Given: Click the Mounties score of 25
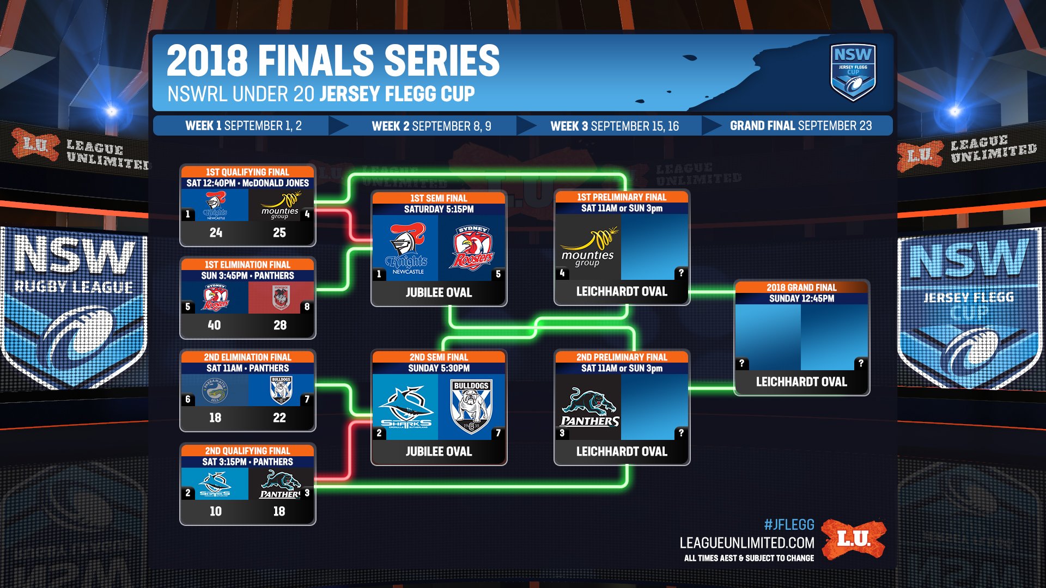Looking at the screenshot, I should point(279,232).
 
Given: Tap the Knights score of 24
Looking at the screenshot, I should point(216,232).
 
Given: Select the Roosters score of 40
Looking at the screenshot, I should point(214,325).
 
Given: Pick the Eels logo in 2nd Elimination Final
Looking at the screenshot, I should point(215,390).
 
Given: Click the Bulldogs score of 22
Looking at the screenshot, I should point(279,418).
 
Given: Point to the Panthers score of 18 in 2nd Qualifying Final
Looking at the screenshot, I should point(279,511).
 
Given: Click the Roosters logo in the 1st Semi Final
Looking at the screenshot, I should point(472,248).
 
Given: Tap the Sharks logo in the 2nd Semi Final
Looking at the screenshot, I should point(406,407).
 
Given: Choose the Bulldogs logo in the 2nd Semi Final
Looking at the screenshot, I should point(471,407).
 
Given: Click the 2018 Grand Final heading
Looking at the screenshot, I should point(801,287).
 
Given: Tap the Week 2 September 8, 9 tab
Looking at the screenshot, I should point(431,126).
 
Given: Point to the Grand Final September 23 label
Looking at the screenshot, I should point(800,126).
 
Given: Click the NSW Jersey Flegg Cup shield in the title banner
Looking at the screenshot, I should point(853,72).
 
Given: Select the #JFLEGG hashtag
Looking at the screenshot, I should point(789,525).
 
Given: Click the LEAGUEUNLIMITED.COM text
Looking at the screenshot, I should point(746,543).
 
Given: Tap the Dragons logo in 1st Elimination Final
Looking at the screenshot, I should point(281,298).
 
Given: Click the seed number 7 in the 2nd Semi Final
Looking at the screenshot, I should point(498,433).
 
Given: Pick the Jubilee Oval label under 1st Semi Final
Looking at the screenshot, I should point(439,292).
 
